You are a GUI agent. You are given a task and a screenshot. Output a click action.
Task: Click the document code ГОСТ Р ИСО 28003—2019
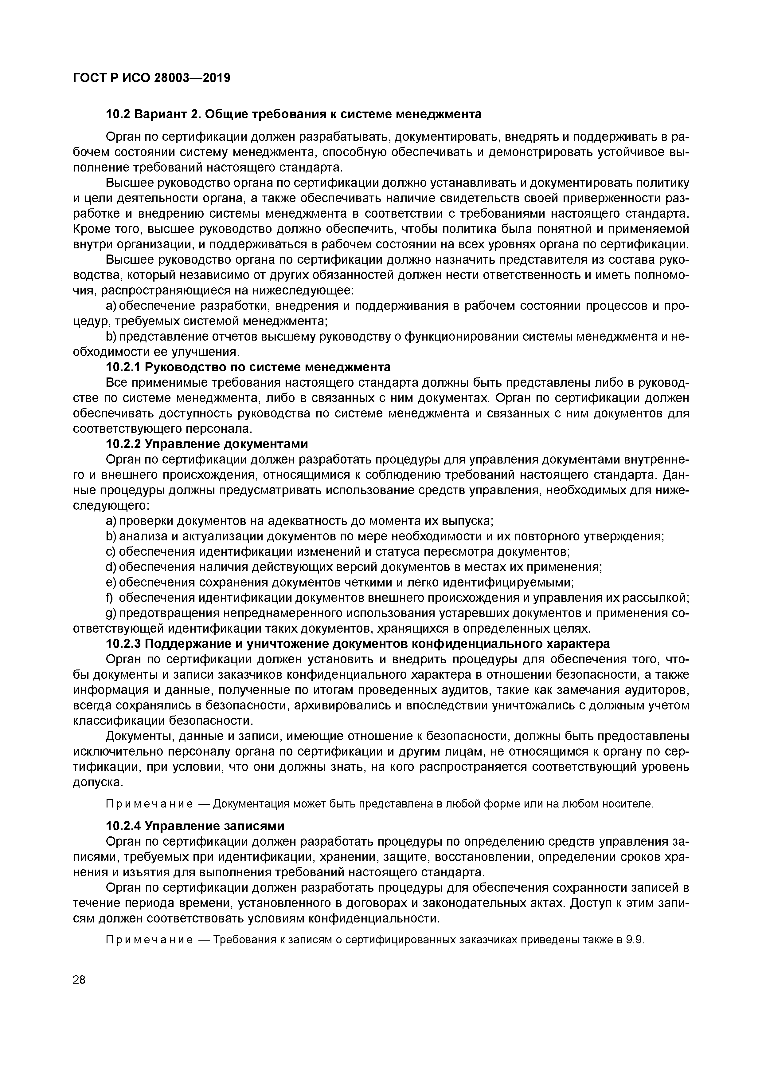click(x=151, y=77)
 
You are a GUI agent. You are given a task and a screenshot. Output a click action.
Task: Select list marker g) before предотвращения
click(x=111, y=613)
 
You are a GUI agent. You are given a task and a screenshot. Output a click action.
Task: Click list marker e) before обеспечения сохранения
click(x=111, y=582)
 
